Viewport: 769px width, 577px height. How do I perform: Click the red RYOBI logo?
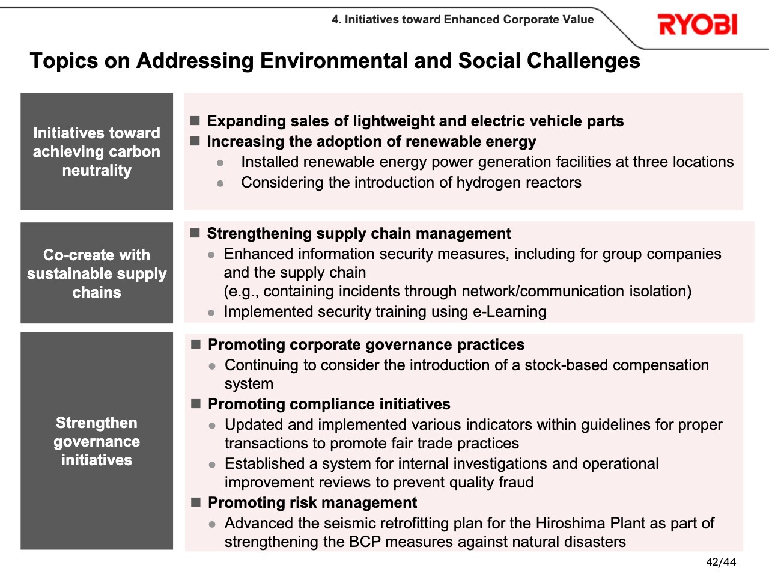coord(698,25)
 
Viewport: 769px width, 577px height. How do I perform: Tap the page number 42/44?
coord(721,563)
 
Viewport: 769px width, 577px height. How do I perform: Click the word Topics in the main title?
coord(64,61)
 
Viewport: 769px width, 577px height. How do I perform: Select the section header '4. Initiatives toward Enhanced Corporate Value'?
coord(463,19)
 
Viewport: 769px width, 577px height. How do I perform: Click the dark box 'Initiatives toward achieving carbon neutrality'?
coord(97,151)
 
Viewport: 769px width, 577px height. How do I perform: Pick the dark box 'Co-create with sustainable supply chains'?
coord(97,273)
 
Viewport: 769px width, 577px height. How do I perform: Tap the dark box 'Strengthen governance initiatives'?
coord(97,441)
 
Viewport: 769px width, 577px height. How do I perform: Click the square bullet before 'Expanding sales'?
coord(195,121)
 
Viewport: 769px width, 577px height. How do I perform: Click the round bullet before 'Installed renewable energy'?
coord(220,163)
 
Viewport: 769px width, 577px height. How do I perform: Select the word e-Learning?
coord(509,311)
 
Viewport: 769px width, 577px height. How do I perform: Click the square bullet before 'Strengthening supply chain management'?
coord(195,233)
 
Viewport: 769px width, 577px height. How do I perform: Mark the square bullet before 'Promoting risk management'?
coord(196,502)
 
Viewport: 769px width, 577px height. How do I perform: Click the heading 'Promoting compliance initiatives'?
coord(329,405)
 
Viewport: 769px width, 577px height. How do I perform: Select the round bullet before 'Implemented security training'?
coord(211,313)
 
